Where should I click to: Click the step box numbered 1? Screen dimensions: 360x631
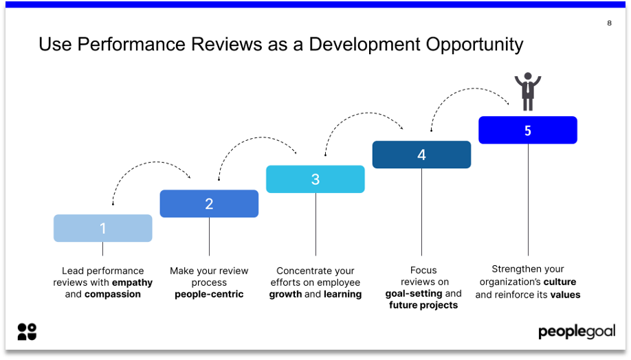(x=103, y=228)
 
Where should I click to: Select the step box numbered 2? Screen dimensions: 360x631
(x=209, y=203)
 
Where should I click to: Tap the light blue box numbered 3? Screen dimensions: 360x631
(x=315, y=179)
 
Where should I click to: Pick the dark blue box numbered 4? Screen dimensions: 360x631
(x=421, y=155)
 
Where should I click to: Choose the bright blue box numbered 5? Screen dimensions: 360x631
(x=528, y=130)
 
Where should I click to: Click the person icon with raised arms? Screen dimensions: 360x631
(x=528, y=91)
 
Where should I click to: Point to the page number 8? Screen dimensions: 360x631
(x=609, y=23)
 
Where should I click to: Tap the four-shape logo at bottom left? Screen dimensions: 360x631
(x=27, y=332)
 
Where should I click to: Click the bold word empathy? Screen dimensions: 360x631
(x=132, y=282)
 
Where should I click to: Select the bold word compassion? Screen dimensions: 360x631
(x=113, y=294)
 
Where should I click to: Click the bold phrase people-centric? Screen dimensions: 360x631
(x=209, y=294)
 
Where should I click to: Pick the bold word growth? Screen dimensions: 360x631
(x=285, y=294)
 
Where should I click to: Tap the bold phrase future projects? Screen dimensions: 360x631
(x=423, y=305)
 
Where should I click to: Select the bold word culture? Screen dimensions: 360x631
(x=560, y=282)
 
